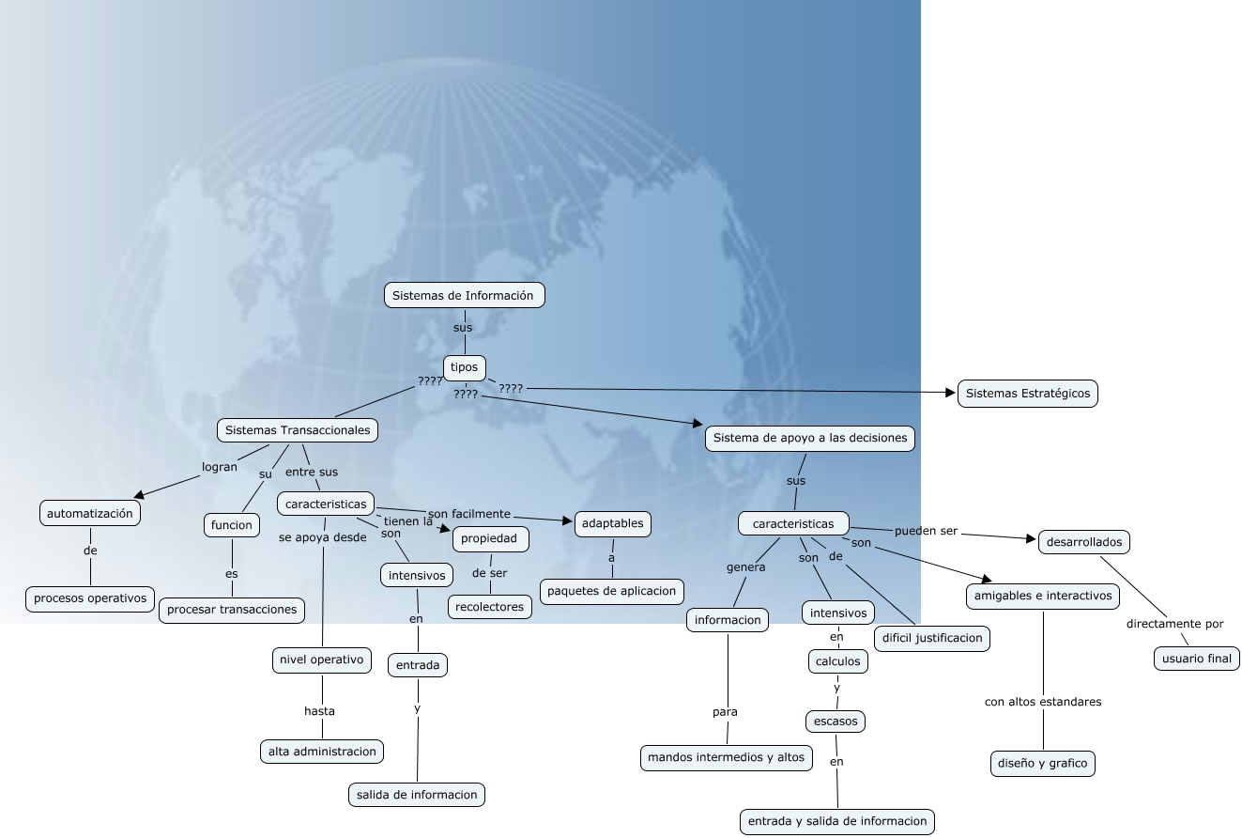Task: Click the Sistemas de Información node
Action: [464, 295]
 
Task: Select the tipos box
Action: [465, 367]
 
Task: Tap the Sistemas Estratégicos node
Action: [1027, 394]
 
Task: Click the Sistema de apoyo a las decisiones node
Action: [809, 438]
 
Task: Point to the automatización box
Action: [90, 513]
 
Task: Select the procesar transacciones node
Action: [232, 610]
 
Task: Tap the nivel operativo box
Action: [321, 660]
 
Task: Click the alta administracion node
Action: [322, 751]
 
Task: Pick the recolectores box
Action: [490, 607]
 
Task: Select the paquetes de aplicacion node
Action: [612, 591]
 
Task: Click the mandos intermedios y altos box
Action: [727, 757]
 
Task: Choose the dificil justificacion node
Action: [931, 638]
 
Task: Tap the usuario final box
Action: [1196, 659]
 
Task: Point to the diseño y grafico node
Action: [1042, 763]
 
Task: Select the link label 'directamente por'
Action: [1174, 624]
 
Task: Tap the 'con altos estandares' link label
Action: [1042, 702]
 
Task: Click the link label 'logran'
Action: [220, 467]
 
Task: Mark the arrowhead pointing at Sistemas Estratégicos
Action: [950, 392]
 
